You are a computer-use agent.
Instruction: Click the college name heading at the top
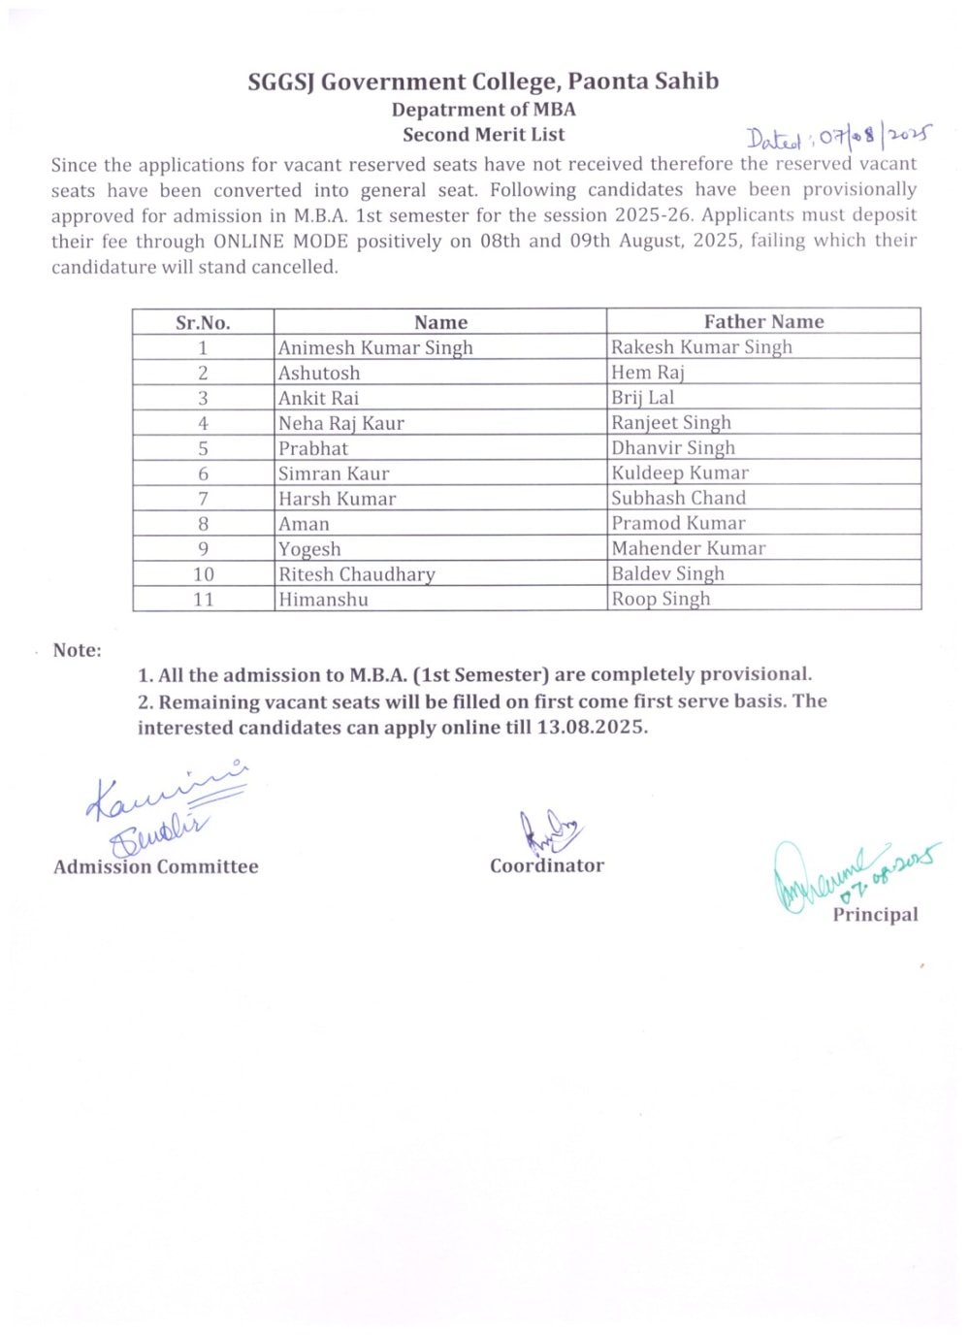tap(483, 81)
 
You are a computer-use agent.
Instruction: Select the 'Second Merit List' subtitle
tap(483, 135)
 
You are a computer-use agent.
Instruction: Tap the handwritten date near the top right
tap(838, 137)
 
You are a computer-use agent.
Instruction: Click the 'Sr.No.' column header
tap(203, 323)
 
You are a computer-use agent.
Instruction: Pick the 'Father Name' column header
tap(763, 322)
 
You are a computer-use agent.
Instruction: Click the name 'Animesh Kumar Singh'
tap(375, 347)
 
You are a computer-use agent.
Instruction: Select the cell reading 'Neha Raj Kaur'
tap(341, 423)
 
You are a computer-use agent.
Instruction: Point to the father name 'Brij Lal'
tap(642, 398)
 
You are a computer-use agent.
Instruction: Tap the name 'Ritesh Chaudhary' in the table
tap(357, 574)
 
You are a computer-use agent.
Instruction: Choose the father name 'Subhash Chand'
tap(678, 499)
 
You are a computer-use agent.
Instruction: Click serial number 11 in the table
tap(203, 600)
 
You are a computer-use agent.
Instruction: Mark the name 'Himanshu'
tap(323, 600)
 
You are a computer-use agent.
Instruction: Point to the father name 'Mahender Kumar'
tap(688, 549)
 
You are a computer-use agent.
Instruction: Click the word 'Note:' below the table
tap(77, 651)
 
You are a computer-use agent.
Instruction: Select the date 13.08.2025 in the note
tap(592, 728)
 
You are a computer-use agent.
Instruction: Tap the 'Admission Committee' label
tap(156, 867)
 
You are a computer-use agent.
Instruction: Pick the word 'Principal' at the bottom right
tap(875, 915)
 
